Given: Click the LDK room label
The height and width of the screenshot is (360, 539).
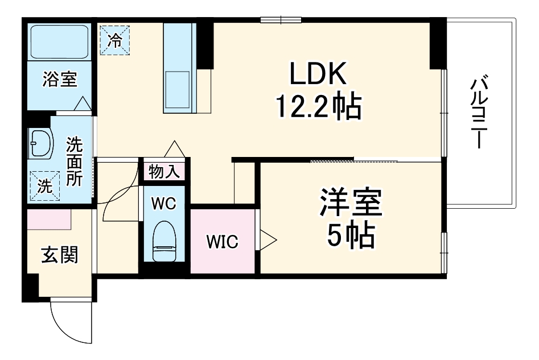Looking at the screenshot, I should (x=318, y=74).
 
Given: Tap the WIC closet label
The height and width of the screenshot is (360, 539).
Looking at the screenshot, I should (x=222, y=242).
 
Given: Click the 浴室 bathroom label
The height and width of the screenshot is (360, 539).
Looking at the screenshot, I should (x=60, y=80).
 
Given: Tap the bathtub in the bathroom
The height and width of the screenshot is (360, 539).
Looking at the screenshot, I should (x=60, y=43).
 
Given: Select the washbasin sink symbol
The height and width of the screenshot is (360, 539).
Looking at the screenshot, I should (x=40, y=143).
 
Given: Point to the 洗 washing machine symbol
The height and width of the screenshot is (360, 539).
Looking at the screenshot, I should (x=44, y=185).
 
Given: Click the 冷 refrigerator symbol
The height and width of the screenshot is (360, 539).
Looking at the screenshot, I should (x=115, y=40).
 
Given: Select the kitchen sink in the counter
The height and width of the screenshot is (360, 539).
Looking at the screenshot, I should (x=178, y=85).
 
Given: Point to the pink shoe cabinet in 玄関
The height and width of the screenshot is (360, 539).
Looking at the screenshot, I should (x=49, y=218).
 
